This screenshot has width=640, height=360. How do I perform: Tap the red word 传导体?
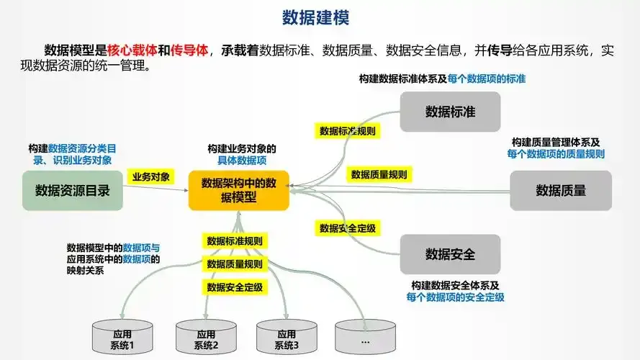[x=190, y=50]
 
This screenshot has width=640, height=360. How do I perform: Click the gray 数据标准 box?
[x=450, y=112]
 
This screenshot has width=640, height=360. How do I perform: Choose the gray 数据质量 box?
[x=561, y=191]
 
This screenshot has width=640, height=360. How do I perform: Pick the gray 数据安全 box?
[x=450, y=255]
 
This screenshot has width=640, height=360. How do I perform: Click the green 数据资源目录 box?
[x=73, y=191]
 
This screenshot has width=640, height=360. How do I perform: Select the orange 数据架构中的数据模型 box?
[x=239, y=190]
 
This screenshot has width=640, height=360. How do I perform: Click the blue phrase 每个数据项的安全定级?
[x=455, y=297]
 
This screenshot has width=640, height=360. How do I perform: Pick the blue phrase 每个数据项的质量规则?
[x=556, y=153]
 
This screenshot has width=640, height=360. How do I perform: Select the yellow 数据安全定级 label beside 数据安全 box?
[x=348, y=228]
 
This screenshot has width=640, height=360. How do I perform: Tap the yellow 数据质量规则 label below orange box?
[x=235, y=264]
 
